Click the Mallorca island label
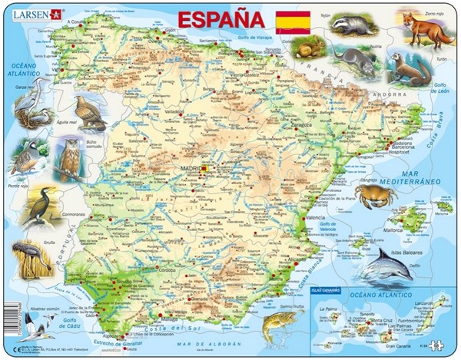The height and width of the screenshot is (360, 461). [394, 229]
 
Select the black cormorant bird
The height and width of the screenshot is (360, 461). [39, 206]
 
